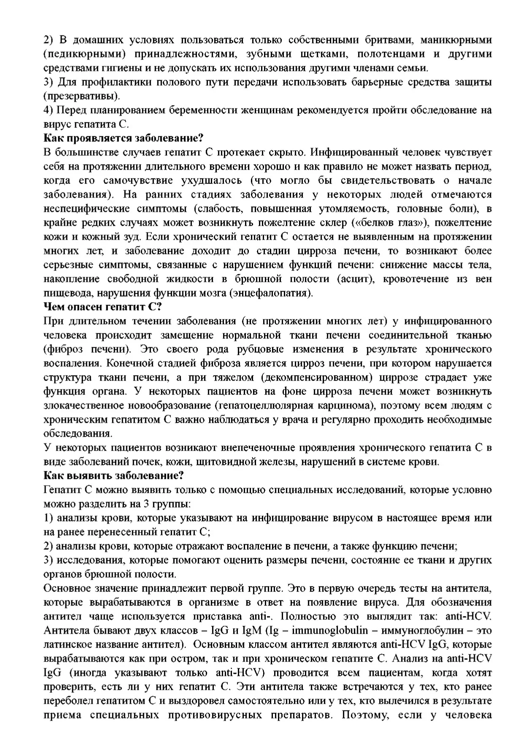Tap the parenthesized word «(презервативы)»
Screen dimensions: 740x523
81,96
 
